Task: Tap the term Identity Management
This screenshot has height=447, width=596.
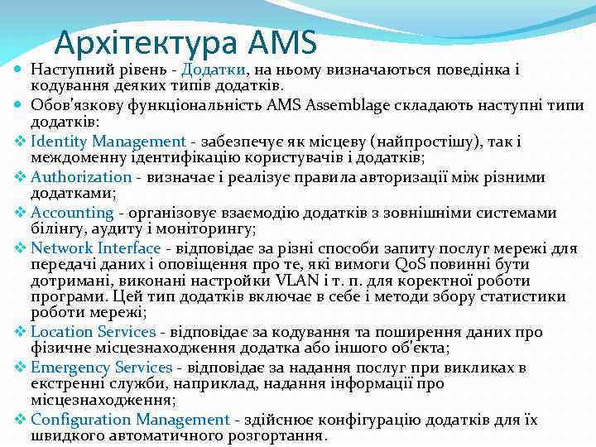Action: [108, 142]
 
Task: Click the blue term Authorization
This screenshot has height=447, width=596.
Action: [81, 177]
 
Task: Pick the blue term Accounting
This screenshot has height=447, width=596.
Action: [72, 213]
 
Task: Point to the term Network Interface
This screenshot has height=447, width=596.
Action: [95, 248]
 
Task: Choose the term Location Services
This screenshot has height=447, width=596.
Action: [93, 331]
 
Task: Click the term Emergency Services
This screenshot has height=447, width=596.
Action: [101, 367]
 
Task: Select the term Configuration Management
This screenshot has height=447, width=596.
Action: [129, 420]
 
